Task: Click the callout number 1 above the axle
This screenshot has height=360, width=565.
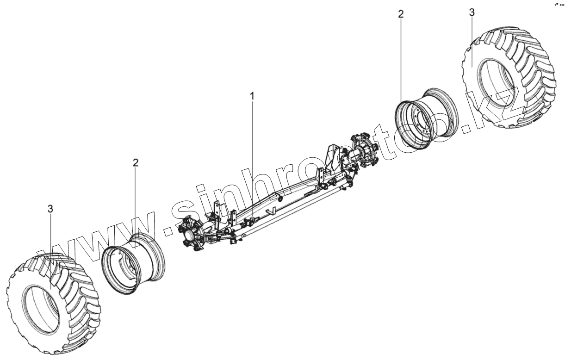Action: (x=252, y=96)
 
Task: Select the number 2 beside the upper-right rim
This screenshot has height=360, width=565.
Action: (x=401, y=14)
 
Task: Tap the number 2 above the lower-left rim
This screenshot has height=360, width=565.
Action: (x=136, y=162)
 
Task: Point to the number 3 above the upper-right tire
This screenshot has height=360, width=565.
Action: (x=472, y=12)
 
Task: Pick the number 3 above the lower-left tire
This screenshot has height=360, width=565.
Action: (x=50, y=209)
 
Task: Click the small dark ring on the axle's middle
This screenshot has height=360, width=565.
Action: (x=279, y=199)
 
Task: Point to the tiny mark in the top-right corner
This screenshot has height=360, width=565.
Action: (x=558, y=4)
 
